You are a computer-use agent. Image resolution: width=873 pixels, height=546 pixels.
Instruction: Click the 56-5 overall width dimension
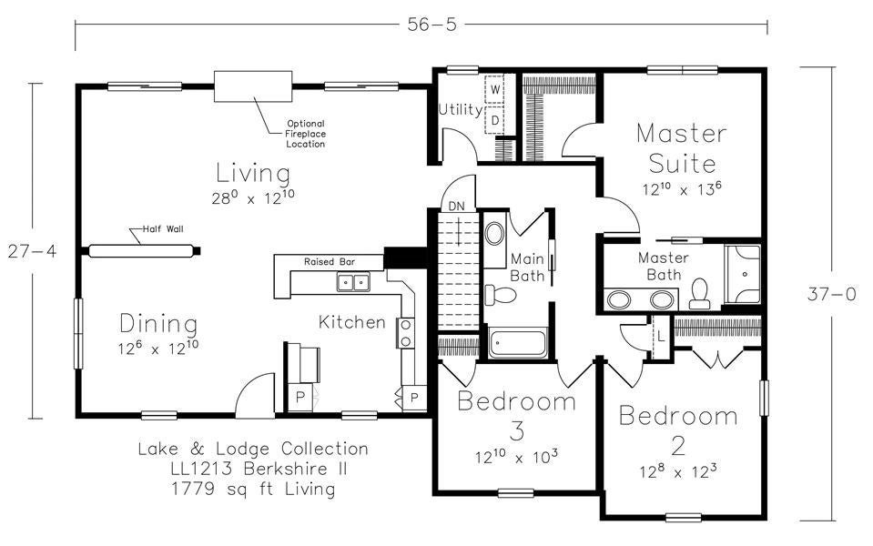[420, 25]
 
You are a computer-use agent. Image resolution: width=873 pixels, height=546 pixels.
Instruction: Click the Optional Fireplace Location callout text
[305, 134]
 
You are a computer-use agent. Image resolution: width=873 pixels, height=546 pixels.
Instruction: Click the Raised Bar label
[330, 261]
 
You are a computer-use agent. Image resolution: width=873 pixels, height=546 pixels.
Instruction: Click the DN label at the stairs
[456, 206]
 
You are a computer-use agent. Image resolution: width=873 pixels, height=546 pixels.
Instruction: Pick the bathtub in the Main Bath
[517, 344]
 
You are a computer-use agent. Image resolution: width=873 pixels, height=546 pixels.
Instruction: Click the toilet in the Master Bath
[700, 292]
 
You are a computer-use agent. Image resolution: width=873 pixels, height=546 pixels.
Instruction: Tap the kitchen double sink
[353, 283]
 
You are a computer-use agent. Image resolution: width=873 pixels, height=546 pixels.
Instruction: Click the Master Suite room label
[681, 148]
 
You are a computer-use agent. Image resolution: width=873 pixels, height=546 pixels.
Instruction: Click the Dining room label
[158, 324]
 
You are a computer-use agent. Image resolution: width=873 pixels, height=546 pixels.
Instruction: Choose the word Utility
[461, 110]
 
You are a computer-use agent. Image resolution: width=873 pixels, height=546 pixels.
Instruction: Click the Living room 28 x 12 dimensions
[253, 196]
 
